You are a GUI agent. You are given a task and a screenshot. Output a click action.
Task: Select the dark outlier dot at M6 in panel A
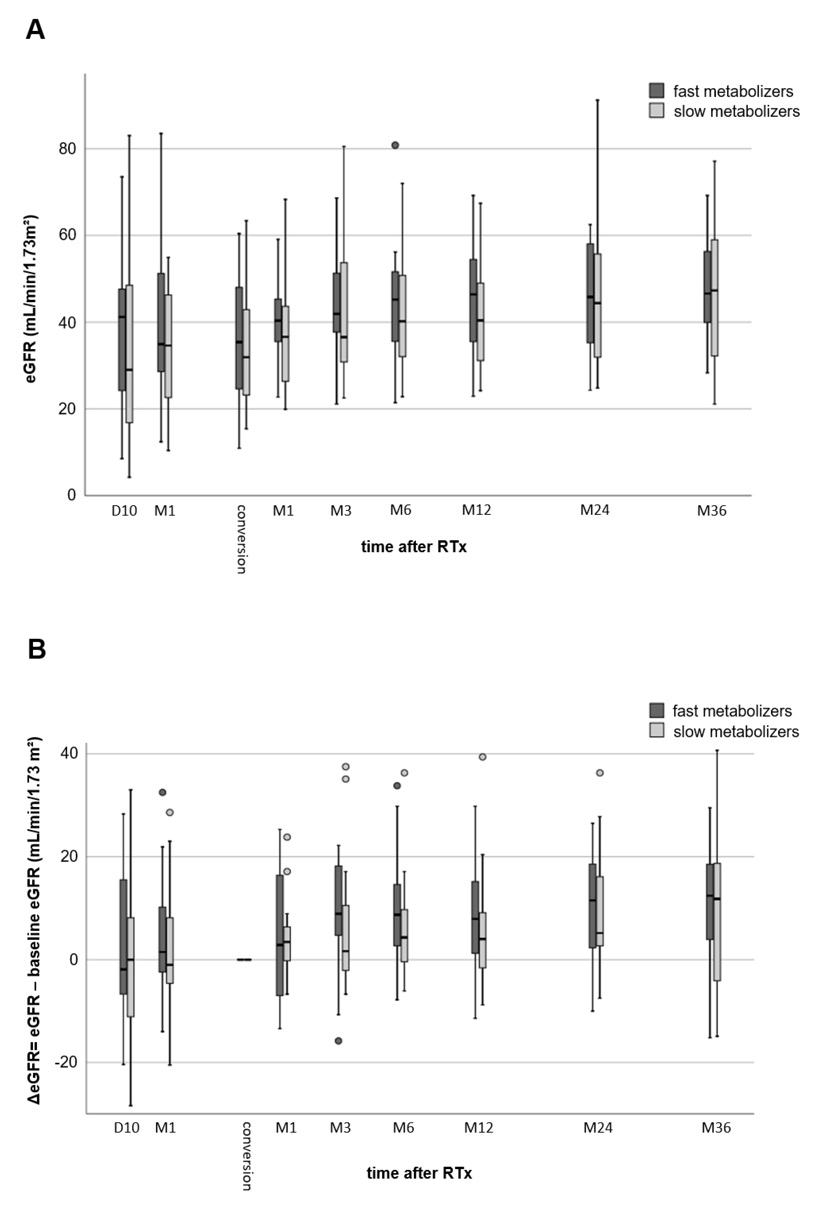(395, 145)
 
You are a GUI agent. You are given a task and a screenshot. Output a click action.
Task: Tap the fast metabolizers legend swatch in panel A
(657, 90)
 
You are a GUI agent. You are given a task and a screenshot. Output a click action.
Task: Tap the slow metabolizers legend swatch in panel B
(657, 731)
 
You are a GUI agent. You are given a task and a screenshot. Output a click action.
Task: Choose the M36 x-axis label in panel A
(711, 511)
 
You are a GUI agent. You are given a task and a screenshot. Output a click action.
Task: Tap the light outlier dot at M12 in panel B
(482, 757)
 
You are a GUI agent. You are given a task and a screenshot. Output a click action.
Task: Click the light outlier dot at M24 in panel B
(600, 773)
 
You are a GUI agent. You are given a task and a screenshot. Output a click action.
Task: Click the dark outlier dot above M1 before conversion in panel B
(162, 792)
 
